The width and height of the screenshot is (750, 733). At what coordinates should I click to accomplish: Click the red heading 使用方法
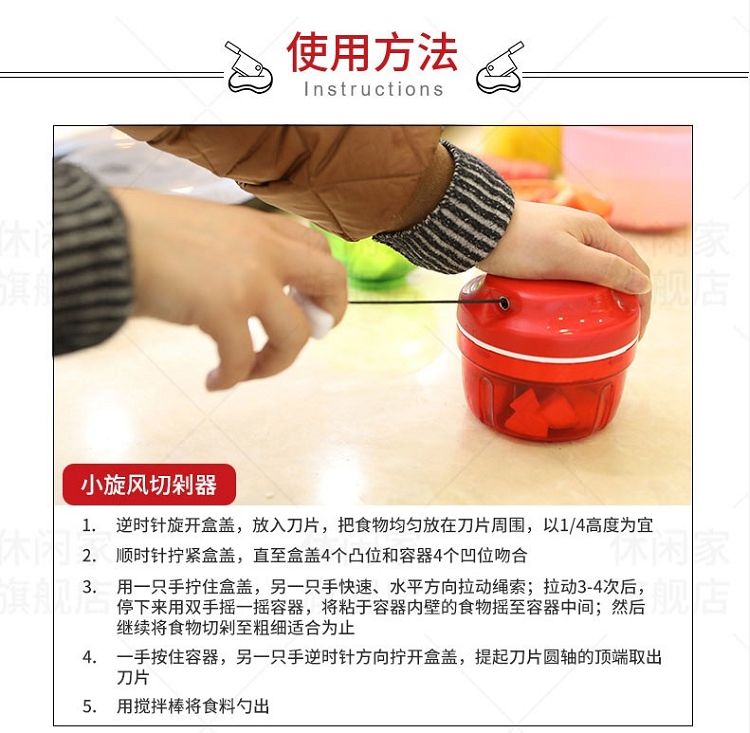pyautogui.click(x=372, y=52)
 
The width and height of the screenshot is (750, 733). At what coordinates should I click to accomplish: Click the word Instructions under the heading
pyautogui.click(x=374, y=89)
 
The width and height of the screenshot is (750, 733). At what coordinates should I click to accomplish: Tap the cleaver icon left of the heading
pyautogui.click(x=249, y=67)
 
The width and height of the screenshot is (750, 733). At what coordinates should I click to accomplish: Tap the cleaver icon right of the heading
pyautogui.click(x=499, y=67)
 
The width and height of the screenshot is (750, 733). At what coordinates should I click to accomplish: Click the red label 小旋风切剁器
pyautogui.click(x=149, y=485)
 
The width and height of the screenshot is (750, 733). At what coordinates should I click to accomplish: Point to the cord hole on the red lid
pyautogui.click(x=503, y=302)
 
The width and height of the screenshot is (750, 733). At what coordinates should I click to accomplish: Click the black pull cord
pyautogui.click(x=422, y=302)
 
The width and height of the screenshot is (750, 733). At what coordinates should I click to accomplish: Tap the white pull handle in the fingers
pyautogui.click(x=313, y=312)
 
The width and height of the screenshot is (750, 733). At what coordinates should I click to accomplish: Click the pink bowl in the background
pyautogui.click(x=628, y=177)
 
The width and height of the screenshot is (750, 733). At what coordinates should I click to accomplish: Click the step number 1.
pyautogui.click(x=88, y=526)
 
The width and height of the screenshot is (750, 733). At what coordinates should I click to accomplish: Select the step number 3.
pyautogui.click(x=89, y=587)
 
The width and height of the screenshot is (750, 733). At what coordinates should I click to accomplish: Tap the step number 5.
pyautogui.click(x=89, y=706)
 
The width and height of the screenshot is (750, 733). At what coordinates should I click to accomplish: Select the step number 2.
pyautogui.click(x=89, y=556)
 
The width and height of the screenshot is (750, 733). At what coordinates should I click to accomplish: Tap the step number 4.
pyautogui.click(x=89, y=657)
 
